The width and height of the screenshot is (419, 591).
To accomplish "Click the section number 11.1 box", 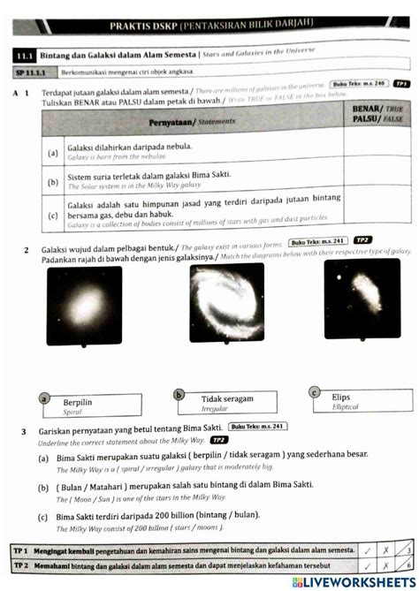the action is [x=27, y=55].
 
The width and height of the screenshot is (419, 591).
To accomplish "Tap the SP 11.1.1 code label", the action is [x=32, y=71].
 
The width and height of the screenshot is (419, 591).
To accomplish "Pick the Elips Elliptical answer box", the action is [x=355, y=400].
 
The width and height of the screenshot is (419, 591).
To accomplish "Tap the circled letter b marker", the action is [x=179, y=395].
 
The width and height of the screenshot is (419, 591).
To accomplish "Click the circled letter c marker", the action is [x=314, y=391].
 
